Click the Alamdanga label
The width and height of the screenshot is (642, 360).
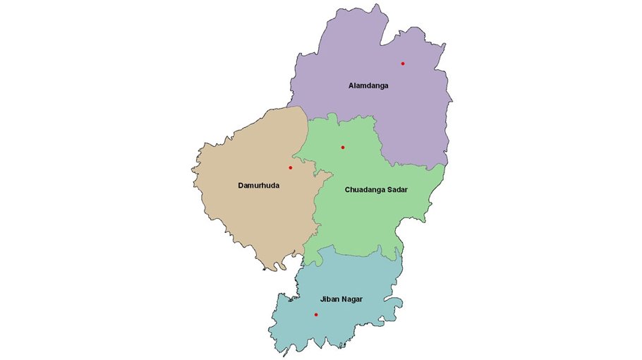click(x=368, y=85)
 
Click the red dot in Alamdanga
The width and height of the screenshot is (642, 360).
click(x=403, y=64)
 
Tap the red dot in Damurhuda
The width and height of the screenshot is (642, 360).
click(x=290, y=167)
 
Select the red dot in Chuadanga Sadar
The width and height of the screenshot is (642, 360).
click(x=342, y=148)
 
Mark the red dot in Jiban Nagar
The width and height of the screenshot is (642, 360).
click(x=316, y=314)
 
